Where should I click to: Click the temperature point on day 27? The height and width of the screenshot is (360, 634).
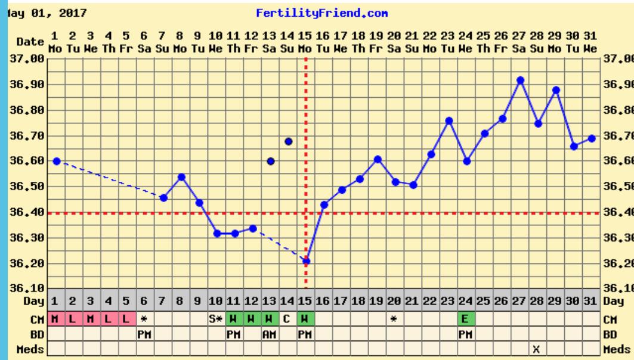(x=520, y=80)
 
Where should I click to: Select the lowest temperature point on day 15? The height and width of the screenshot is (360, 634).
(x=306, y=261)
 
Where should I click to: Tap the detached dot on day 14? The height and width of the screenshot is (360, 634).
(x=289, y=141)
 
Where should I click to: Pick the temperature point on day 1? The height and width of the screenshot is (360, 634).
(x=57, y=161)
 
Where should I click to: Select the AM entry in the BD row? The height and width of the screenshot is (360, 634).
(x=270, y=333)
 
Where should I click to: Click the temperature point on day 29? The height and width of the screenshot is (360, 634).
(x=556, y=90)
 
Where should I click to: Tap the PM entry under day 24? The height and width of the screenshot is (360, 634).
(x=466, y=333)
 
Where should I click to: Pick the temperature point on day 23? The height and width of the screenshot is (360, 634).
(x=449, y=120)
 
